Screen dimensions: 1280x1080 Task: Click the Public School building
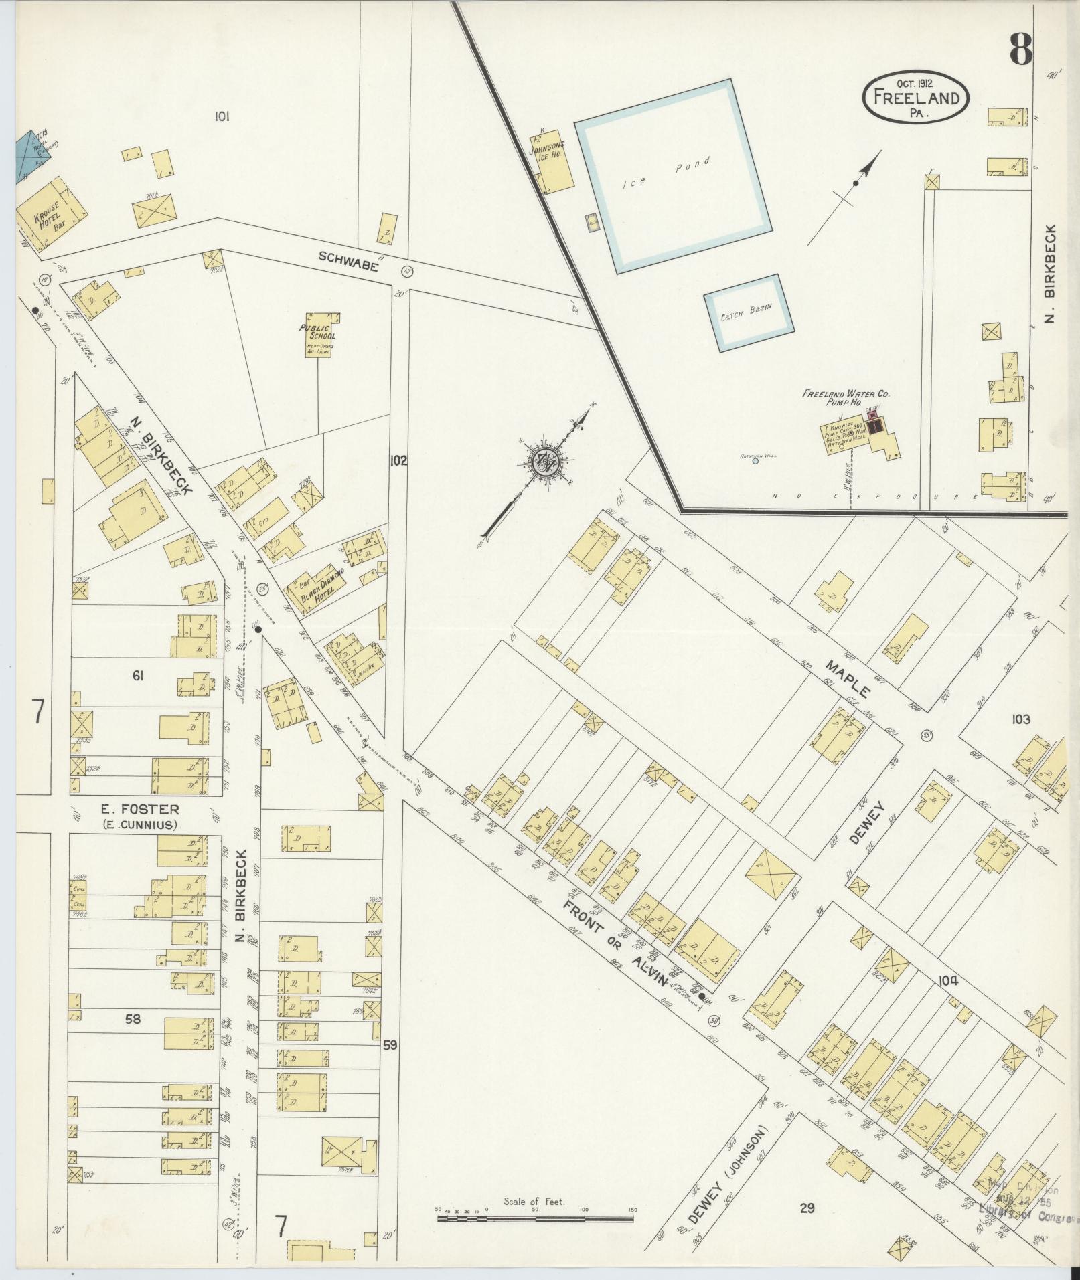[320, 335]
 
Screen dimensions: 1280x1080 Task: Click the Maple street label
[848, 677]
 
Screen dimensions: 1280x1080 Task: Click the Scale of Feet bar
[535, 1219]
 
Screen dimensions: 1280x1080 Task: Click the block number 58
[133, 1018]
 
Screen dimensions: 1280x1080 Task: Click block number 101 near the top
[222, 116]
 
